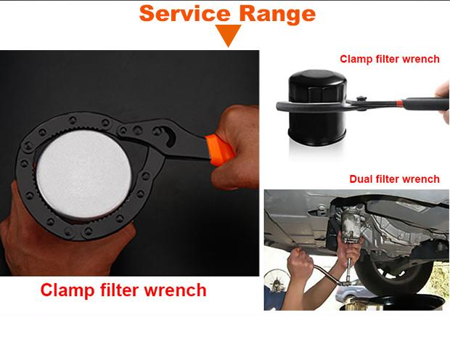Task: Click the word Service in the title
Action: point(185,14)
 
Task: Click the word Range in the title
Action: point(277,15)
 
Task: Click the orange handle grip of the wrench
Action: point(220,150)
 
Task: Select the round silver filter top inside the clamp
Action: point(83,174)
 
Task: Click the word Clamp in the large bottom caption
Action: point(67,290)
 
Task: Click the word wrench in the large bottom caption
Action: point(175,290)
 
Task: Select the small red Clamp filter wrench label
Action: point(390,59)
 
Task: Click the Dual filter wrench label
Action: point(394,179)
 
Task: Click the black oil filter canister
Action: point(317,107)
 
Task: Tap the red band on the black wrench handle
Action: point(399,103)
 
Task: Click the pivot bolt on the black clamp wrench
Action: point(361,99)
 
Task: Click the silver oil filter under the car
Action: point(351,226)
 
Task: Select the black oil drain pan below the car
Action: point(393,303)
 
